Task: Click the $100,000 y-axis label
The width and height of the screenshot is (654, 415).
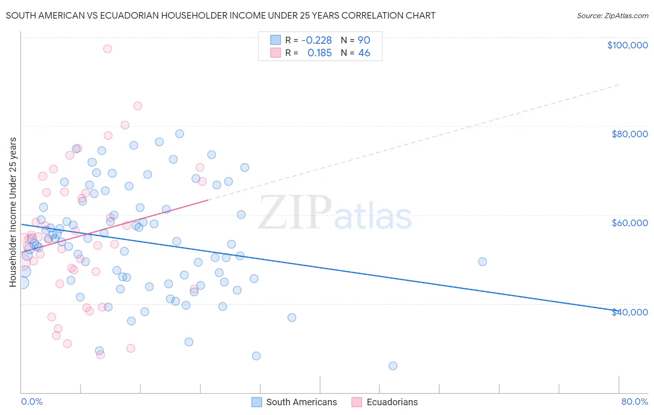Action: pyautogui.click(x=627, y=45)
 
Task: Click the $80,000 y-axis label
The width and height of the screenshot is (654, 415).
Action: pyautogui.click(x=629, y=134)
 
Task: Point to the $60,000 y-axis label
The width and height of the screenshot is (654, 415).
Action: pyautogui.click(x=629, y=223)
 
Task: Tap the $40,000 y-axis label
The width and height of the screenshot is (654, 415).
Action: pyautogui.click(x=629, y=312)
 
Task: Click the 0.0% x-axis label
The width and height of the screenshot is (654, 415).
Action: pyautogui.click(x=32, y=402)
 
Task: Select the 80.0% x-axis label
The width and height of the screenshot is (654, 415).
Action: pyautogui.click(x=634, y=402)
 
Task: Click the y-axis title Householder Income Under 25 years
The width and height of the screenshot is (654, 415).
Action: pyautogui.click(x=13, y=212)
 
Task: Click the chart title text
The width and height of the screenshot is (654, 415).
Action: pyautogui.click(x=220, y=15)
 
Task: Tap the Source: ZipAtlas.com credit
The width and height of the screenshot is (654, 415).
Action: pyautogui.click(x=612, y=15)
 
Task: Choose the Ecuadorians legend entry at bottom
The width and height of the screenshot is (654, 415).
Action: pyautogui.click(x=392, y=402)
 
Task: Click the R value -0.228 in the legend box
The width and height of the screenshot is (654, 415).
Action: pyautogui.click(x=316, y=40)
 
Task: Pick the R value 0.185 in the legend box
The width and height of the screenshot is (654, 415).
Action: pyautogui.click(x=320, y=53)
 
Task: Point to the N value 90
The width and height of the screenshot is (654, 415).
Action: pyautogui.click(x=364, y=40)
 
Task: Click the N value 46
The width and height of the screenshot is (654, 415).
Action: pyautogui.click(x=364, y=53)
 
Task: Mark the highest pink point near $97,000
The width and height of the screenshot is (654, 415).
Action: pyautogui.click(x=107, y=49)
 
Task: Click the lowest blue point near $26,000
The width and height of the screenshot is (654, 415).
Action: pyautogui.click(x=393, y=366)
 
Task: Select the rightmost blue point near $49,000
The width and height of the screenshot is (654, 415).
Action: pyautogui.click(x=482, y=262)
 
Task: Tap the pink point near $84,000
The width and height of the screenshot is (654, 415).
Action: pyautogui.click(x=138, y=106)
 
